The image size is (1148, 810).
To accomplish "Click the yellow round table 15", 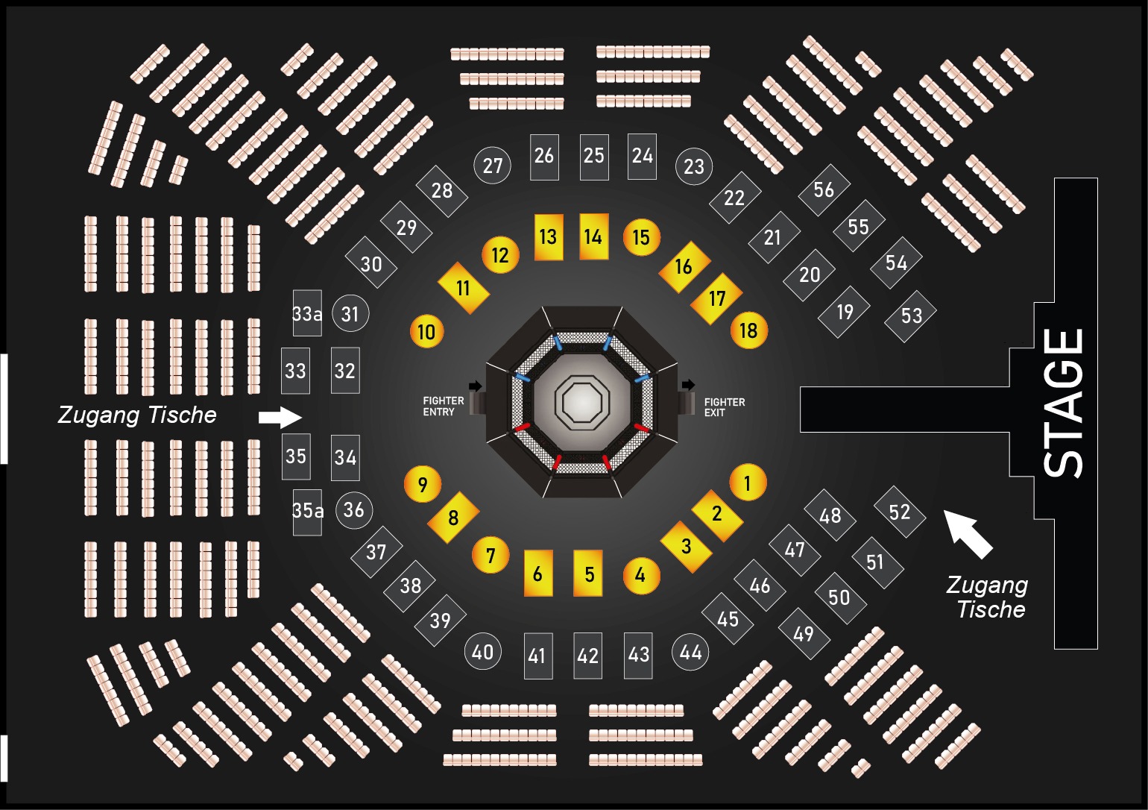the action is pos(642,237).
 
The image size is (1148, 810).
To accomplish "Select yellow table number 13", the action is pos(549,237).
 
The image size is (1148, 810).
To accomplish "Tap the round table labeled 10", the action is pos(427,332).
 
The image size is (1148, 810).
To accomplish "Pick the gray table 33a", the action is pos(307,313).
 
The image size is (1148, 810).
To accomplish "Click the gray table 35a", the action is pos(307,512).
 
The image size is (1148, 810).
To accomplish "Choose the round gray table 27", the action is pos(492,166).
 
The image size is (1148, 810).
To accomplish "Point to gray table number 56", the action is pos(824,190).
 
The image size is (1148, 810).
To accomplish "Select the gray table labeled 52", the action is pos(900,512).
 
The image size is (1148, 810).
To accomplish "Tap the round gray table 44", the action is pos(690,652).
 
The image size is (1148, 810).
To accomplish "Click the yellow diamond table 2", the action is pos(717,515).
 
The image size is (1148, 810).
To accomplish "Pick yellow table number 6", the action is pos(538,573).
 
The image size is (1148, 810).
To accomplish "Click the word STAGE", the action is pos(1064,403).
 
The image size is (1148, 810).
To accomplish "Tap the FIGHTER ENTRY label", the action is pos(444,406).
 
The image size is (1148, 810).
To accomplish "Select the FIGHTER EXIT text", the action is pos(724,407).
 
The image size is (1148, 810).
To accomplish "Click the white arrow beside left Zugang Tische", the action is pos(280,417).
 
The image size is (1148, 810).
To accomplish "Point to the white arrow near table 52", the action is pos(968,533).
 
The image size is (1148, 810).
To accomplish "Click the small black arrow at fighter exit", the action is pos(688,385).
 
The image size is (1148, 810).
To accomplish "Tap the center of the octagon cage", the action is pos(581,402).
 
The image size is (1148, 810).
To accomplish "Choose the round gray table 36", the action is pos(354,510).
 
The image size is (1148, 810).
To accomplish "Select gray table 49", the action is pos(804,634).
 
